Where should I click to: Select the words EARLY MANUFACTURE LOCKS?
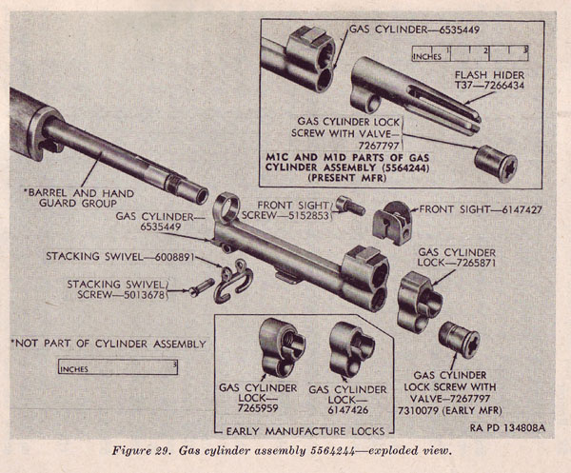point(309,426)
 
